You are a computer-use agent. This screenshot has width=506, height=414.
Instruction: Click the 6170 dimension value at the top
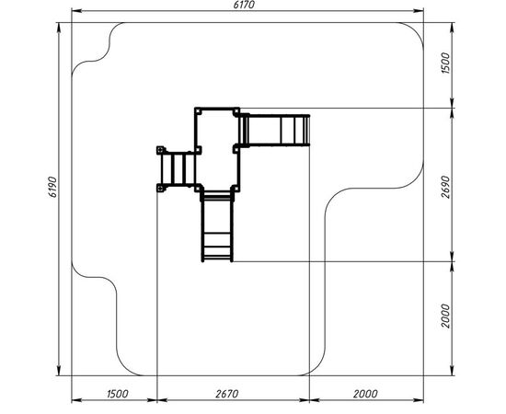(x=244, y=5)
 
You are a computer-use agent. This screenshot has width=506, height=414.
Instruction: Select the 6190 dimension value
(x=52, y=187)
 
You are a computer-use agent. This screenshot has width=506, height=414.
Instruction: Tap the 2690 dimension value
(x=445, y=187)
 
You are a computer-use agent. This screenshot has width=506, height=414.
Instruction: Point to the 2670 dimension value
(x=227, y=394)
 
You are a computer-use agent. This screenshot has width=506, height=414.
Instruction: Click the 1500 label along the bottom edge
(x=117, y=394)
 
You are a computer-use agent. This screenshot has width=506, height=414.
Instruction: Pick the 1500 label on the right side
(x=445, y=63)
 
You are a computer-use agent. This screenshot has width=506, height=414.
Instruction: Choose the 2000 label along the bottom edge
(x=365, y=394)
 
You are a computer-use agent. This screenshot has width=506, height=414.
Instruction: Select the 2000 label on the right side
(x=445, y=316)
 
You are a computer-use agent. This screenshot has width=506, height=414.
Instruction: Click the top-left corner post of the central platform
(x=198, y=111)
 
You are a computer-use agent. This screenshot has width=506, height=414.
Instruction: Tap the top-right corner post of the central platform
(x=236, y=111)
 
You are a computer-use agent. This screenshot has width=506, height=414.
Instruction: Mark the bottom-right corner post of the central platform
(x=236, y=188)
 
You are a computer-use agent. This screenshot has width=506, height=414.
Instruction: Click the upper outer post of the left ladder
(x=160, y=150)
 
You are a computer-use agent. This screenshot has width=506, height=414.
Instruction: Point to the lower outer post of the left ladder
(x=160, y=188)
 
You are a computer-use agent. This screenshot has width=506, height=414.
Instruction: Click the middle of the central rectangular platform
(x=217, y=149)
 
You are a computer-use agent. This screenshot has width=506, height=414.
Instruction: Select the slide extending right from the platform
(x=275, y=130)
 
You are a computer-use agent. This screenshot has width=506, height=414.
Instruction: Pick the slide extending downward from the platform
(x=217, y=226)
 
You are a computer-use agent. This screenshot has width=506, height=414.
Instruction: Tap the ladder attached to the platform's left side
(x=177, y=169)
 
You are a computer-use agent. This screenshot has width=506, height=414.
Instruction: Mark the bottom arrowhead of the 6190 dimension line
(x=59, y=371)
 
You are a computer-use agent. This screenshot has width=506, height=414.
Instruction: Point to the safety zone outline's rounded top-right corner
(x=416, y=29)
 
